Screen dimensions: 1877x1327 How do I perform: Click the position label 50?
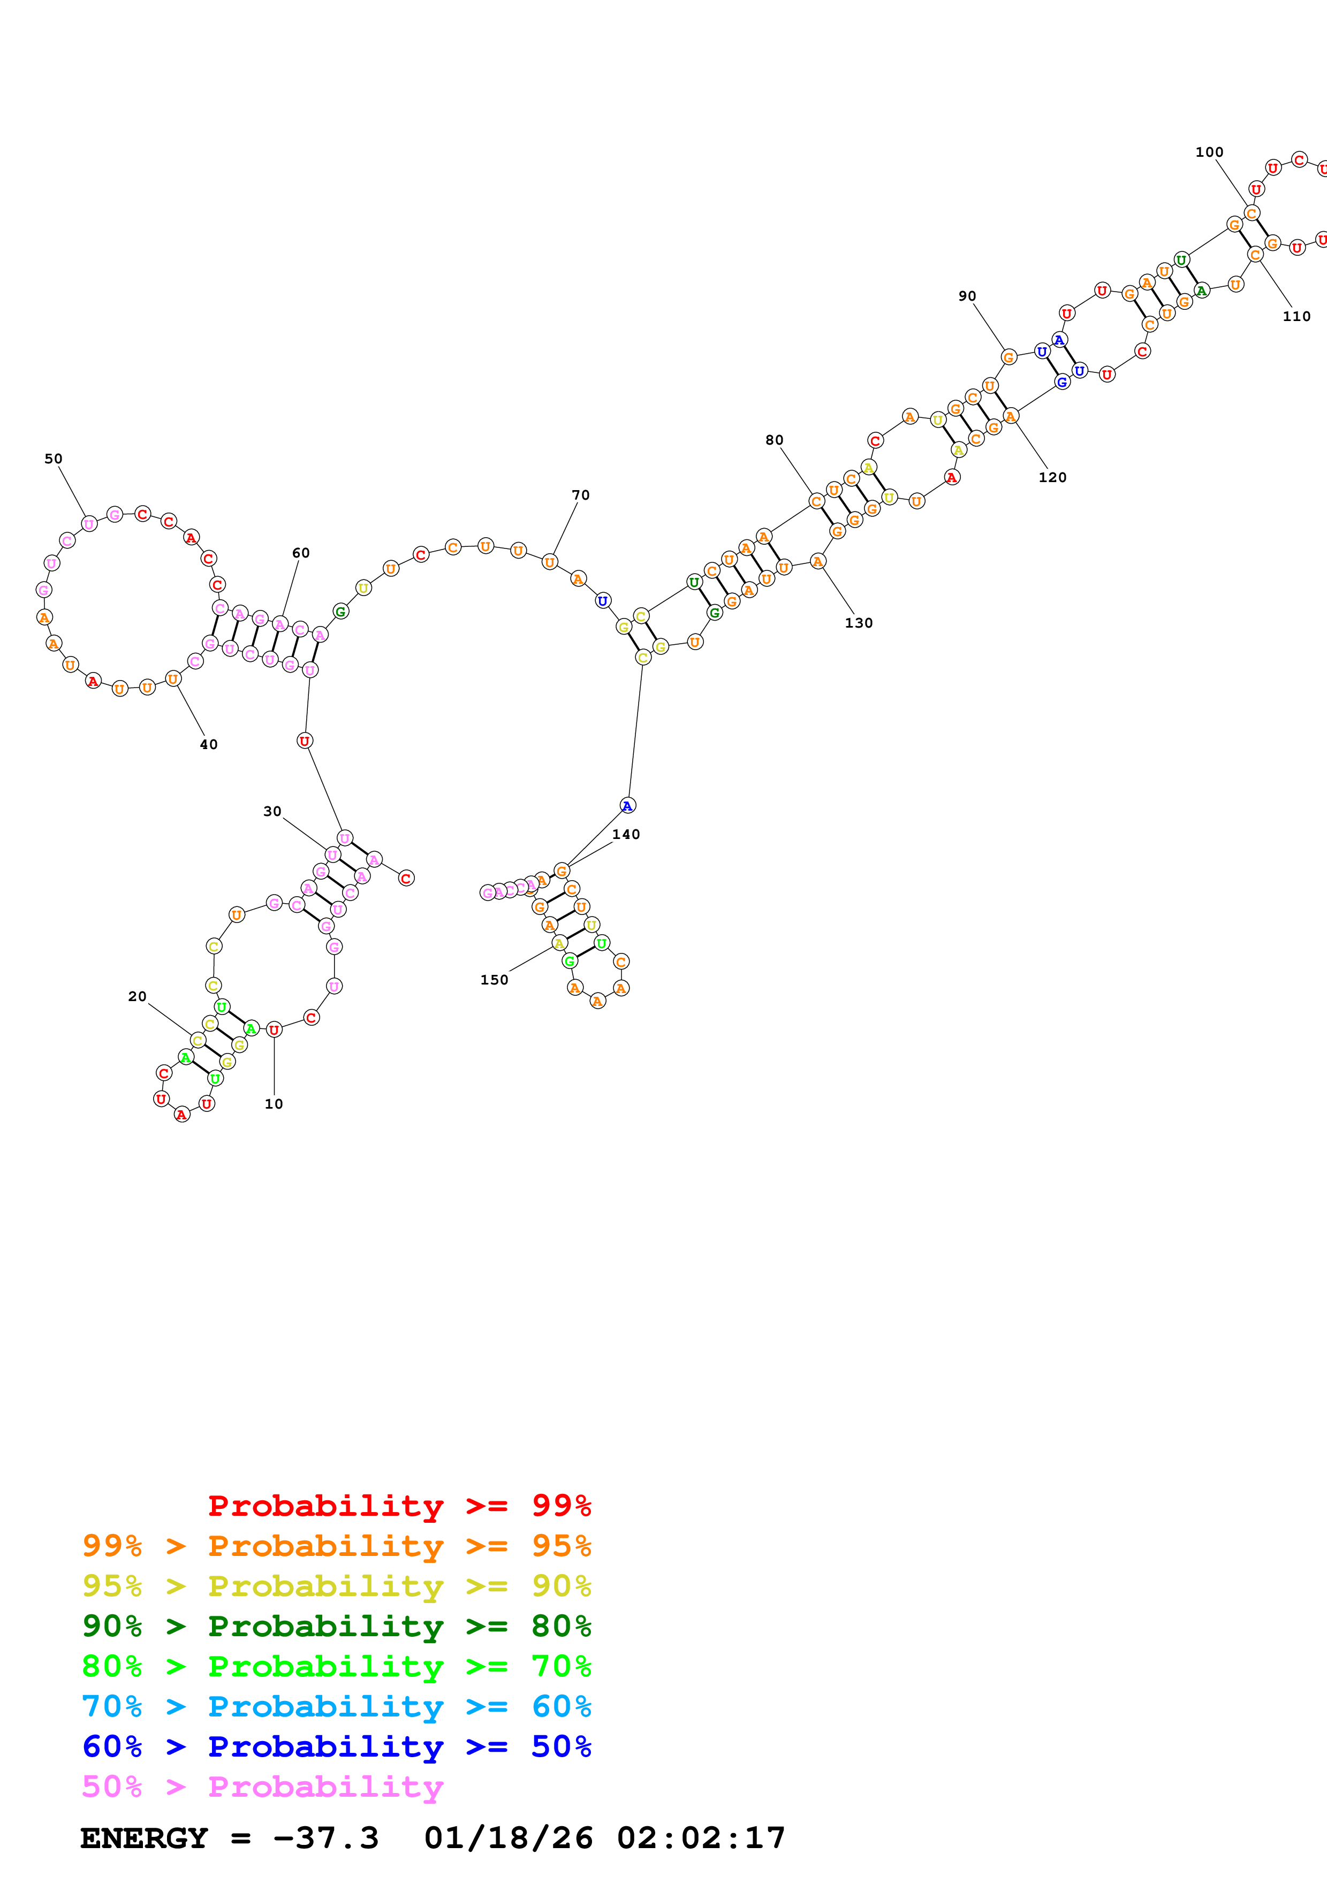[53, 459]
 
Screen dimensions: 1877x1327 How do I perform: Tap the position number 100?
[1209, 152]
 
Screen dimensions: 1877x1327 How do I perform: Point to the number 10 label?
[274, 1104]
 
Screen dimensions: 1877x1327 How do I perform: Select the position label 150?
[494, 979]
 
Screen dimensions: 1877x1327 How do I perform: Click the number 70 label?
[580, 494]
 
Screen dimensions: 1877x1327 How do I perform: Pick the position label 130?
[859, 622]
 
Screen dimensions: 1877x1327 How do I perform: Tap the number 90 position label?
[967, 296]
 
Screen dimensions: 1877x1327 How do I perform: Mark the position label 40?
[208, 744]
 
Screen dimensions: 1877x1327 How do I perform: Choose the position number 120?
[1052, 477]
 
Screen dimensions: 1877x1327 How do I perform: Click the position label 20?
[138, 996]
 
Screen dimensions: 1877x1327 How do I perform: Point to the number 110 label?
[1296, 316]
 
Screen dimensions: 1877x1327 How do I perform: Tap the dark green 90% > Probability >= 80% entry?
[336, 1626]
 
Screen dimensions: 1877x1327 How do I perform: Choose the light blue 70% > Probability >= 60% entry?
[336, 1706]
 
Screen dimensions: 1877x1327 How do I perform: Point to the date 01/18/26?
[508, 1838]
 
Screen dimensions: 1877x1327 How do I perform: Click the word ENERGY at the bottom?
[144, 1838]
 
